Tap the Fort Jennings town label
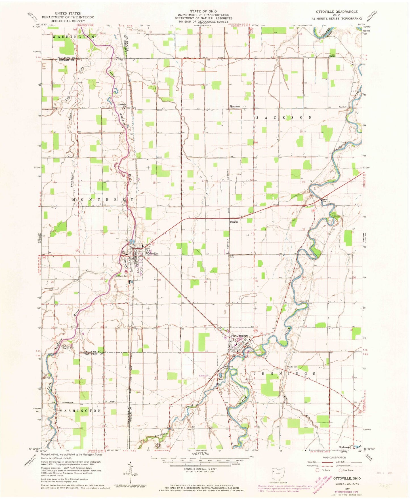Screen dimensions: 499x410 [239, 336]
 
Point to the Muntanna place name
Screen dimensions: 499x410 [235, 107]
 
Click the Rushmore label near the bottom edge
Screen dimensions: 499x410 [344, 447]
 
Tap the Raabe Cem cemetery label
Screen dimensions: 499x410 [293, 367]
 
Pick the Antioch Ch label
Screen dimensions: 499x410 [122, 105]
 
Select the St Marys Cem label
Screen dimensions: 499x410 [121, 276]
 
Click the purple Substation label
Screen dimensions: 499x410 [203, 376]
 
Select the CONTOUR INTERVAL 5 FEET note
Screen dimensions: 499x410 [200, 469]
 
